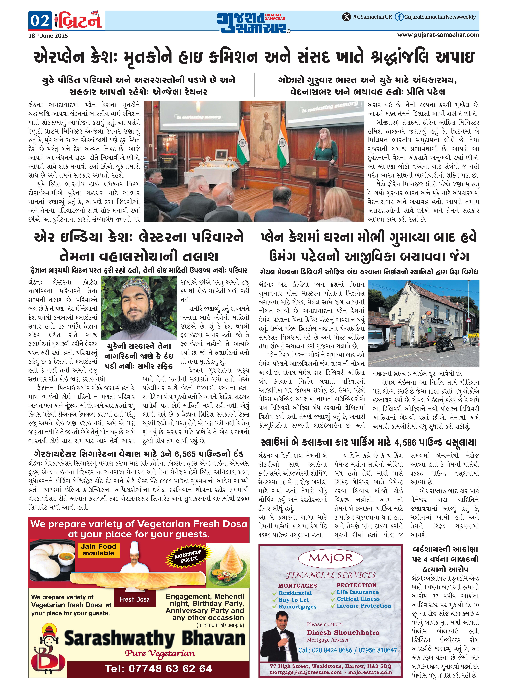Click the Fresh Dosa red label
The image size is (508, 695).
[x=135, y=599]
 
